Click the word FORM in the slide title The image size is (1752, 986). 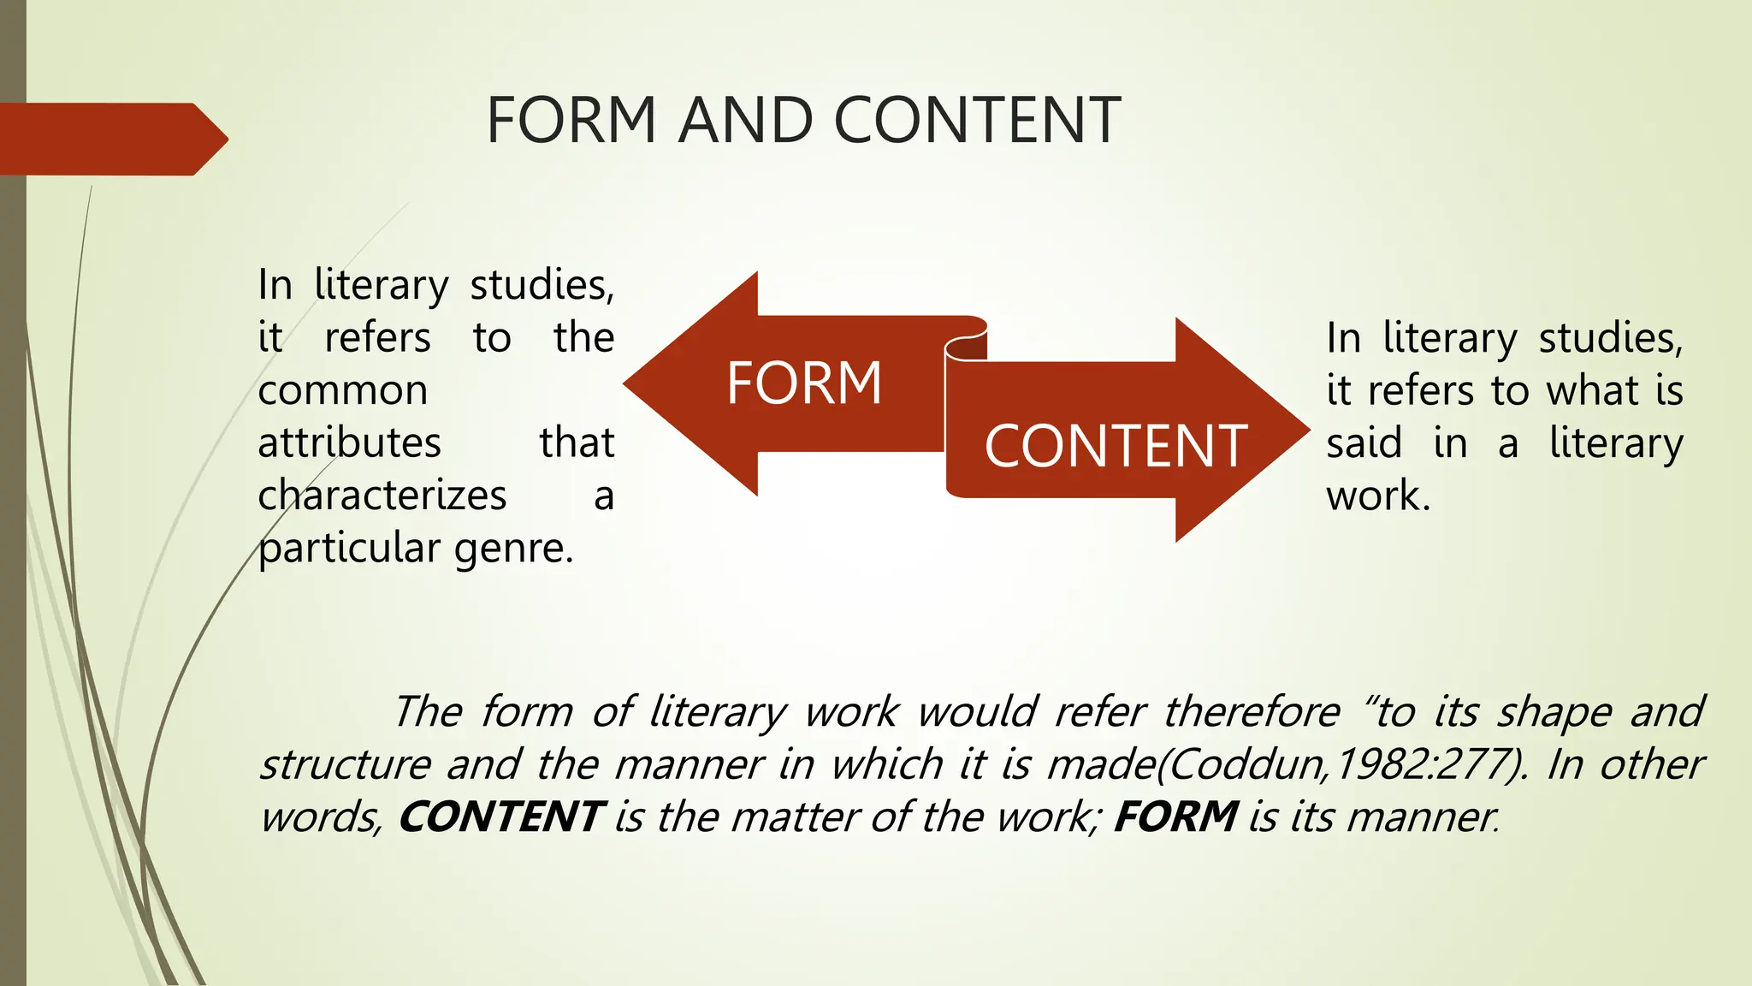tap(571, 120)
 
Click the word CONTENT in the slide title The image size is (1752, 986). tap(976, 120)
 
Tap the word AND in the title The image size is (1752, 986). tap(745, 120)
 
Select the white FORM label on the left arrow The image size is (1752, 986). tap(803, 383)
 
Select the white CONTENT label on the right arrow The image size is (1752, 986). tap(1116, 446)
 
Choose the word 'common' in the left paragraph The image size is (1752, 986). tap(342, 391)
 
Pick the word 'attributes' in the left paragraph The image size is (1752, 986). tap(349, 443)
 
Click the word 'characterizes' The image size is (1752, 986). tap(382, 496)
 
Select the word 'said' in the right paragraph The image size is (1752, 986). tap(1364, 443)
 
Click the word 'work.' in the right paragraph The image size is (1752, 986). tap(1377, 496)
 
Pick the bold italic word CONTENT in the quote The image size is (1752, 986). tap(502, 817)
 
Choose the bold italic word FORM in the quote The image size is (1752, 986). tap(1175, 817)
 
